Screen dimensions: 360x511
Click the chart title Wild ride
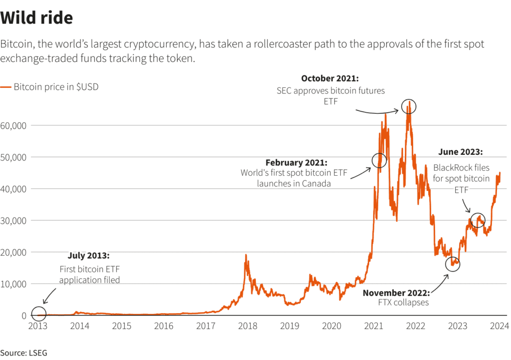(x=37, y=18)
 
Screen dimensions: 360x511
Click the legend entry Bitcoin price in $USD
(x=50, y=87)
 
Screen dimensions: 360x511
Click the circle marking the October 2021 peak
(x=409, y=106)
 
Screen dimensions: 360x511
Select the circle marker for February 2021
(x=380, y=160)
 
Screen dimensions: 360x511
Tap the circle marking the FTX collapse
(x=453, y=264)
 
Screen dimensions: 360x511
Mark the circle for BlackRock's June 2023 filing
(x=478, y=220)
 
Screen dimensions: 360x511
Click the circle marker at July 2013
(x=39, y=314)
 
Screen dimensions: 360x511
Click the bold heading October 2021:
(x=330, y=78)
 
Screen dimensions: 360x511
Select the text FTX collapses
(x=403, y=303)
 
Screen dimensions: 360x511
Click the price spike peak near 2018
(x=246, y=256)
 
